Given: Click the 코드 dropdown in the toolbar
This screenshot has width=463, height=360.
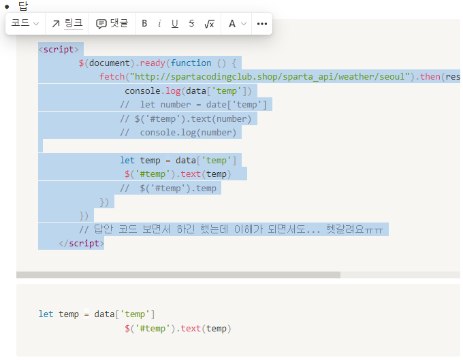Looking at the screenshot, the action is click(x=25, y=23).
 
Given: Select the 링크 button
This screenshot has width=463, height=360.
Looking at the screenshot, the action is click(x=67, y=23).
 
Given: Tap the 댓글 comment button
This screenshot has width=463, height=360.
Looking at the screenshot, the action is click(x=112, y=23).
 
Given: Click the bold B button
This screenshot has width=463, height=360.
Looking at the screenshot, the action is click(x=144, y=23).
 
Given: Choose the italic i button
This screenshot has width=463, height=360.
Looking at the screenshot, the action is click(x=159, y=23).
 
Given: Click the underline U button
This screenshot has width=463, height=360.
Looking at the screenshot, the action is click(x=175, y=23).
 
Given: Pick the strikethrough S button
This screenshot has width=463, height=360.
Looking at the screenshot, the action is click(x=191, y=23).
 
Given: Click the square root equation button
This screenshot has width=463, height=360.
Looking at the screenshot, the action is click(x=209, y=24).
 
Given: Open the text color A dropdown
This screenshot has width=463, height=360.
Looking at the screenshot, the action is click(x=237, y=23).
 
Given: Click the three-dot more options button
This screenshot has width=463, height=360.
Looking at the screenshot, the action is click(x=262, y=24).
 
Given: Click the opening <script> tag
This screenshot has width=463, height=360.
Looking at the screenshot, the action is click(x=59, y=49).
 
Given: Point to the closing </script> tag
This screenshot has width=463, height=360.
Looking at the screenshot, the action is click(x=81, y=244).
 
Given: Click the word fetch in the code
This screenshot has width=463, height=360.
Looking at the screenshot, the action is click(x=112, y=77).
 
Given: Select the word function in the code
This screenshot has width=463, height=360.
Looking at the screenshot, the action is click(x=191, y=63).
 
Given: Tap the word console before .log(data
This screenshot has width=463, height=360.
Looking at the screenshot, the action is click(x=142, y=91).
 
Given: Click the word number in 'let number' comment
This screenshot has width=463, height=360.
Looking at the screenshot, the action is click(x=176, y=105).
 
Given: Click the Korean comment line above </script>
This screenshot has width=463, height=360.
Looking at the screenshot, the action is click(x=231, y=229).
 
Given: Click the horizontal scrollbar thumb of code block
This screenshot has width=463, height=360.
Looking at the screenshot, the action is click(x=178, y=275).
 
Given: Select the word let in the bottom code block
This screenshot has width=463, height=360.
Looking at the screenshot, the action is click(x=46, y=314).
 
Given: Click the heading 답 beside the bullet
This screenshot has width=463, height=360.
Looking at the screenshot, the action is click(x=23, y=6).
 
